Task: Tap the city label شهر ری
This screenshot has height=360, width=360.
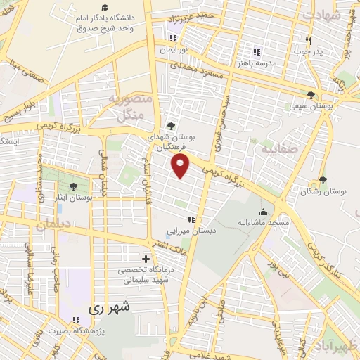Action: click(110, 309)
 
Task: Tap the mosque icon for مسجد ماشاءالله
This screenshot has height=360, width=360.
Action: click(263, 212)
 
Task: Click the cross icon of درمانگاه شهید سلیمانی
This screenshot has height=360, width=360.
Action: click(146, 259)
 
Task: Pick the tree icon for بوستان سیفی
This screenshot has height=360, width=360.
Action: click(312, 96)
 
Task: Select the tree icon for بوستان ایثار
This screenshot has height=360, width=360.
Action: click(73, 187)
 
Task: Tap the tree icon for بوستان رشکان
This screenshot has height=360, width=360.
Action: click(323, 180)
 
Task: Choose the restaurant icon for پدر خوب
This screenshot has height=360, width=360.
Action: click(308, 41)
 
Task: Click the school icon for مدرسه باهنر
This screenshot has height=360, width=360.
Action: click(256, 51)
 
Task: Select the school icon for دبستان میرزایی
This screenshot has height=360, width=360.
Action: click(190, 220)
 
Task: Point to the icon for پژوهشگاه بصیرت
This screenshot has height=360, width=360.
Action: click(74, 323)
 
